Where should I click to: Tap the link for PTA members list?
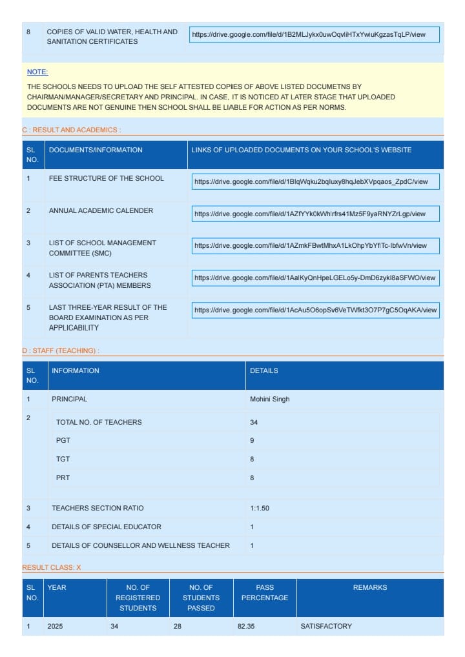click(x=315, y=278)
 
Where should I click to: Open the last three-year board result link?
click(x=315, y=310)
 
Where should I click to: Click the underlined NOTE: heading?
click(x=37, y=72)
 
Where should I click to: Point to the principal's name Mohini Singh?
click(x=270, y=399)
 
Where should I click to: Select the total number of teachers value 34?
click(x=254, y=422)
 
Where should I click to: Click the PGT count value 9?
click(x=252, y=441)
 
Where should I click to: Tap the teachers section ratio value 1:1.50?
click(x=260, y=508)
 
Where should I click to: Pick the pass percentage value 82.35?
click(x=246, y=626)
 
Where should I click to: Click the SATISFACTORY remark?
click(x=326, y=626)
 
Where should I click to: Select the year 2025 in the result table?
click(x=56, y=626)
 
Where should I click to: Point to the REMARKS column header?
click(x=370, y=587)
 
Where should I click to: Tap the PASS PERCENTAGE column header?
click(x=265, y=592)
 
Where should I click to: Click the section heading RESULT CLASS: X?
click(x=52, y=567)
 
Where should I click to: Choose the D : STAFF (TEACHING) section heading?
click(x=60, y=350)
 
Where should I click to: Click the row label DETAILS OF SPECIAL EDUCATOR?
click(x=107, y=527)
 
